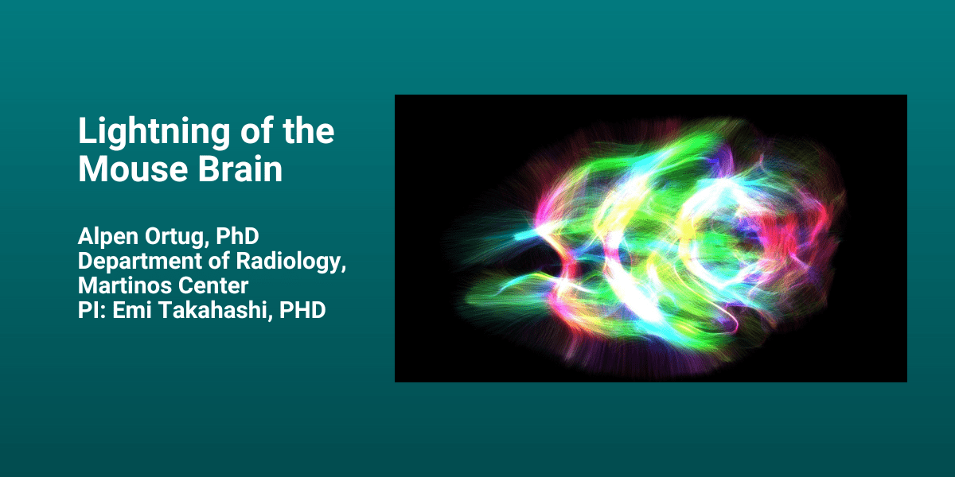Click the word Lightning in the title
(154, 132)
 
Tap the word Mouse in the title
(133, 169)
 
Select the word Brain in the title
(240, 169)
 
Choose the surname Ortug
(177, 238)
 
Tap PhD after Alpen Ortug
(237, 236)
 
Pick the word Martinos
(124, 285)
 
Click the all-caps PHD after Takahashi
(302, 310)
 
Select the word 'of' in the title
(256, 130)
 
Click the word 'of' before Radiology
(219, 261)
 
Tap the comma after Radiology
(344, 269)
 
